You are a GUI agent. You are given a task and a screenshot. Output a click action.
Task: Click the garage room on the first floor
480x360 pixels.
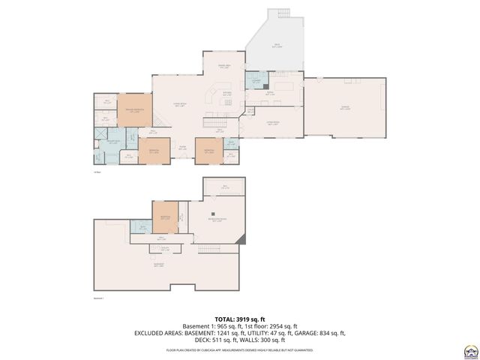pos(345,107)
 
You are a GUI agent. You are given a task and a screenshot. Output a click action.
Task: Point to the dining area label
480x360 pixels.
pos(223,67)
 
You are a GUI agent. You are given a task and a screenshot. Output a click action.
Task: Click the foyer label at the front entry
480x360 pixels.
pos(182,148)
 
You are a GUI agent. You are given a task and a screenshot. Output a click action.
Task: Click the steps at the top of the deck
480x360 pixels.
pos(283,13)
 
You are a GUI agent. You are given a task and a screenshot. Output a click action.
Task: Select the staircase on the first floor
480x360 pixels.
pos(216,122)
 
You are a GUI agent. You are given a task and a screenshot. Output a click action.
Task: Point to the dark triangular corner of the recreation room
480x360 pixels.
pos(240,239)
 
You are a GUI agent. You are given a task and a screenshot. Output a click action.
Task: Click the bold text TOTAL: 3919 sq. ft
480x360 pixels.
pos(239,318)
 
